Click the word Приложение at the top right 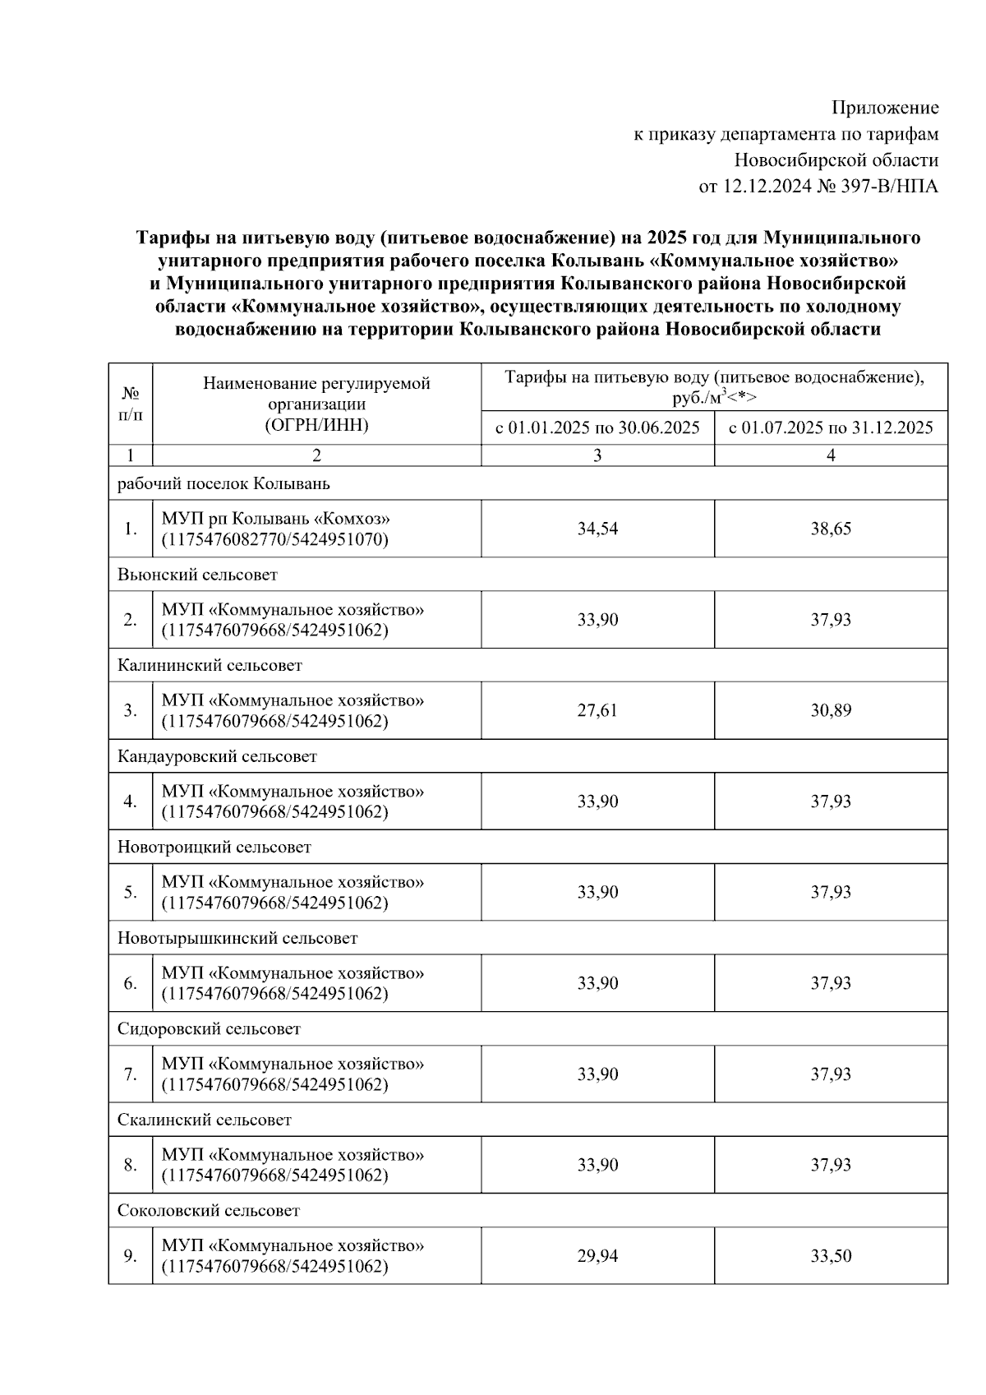885,108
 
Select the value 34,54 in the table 597,529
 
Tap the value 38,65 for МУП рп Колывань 831,529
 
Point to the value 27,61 597,710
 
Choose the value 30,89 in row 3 831,710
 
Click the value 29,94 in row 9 597,1256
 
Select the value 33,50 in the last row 831,1256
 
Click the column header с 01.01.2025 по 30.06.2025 597,427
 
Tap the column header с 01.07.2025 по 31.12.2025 831,427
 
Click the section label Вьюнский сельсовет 197,575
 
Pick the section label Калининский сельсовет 210,665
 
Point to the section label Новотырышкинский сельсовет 237,938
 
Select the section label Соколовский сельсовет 209,1210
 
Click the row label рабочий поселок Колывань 223,483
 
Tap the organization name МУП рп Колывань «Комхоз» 275,520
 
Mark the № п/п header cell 130,404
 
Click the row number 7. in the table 130,1074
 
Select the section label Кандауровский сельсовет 217,756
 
